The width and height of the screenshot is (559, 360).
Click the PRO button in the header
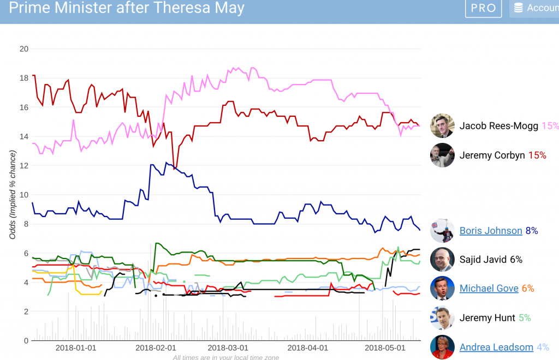483,8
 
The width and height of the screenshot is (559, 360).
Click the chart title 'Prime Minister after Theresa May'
127,8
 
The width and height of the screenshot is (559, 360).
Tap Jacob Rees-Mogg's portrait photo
442,126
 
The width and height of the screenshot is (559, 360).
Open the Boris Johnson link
491,231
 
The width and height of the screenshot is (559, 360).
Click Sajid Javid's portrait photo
442,260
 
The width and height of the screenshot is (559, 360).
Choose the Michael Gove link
489,289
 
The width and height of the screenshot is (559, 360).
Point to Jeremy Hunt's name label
487,317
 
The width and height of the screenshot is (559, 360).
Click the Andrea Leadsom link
496,347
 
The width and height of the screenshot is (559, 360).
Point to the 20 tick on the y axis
23,49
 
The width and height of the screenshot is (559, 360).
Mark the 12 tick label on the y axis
23,166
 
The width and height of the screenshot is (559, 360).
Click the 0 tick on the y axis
26,341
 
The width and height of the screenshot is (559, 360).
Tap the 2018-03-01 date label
229,347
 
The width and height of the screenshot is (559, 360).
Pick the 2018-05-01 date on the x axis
385,347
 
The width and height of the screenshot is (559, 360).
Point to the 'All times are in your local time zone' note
226,357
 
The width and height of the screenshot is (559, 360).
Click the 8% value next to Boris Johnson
532,231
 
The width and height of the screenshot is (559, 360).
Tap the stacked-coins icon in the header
518,8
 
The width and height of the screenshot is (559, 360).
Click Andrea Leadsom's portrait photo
442,347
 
